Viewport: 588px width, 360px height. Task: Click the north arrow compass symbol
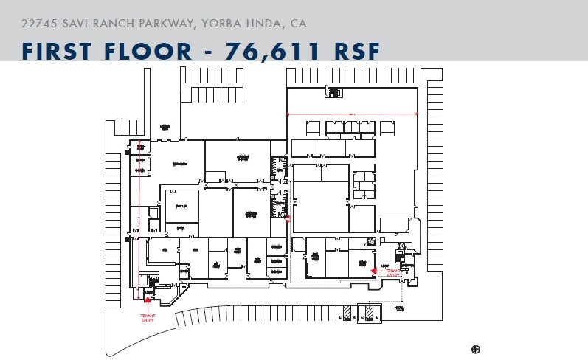[x=476, y=348]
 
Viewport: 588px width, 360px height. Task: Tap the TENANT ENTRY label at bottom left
[x=148, y=317]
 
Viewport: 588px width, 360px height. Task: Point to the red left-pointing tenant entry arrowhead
[x=374, y=271]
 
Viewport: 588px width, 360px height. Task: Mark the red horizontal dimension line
[x=352, y=114]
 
